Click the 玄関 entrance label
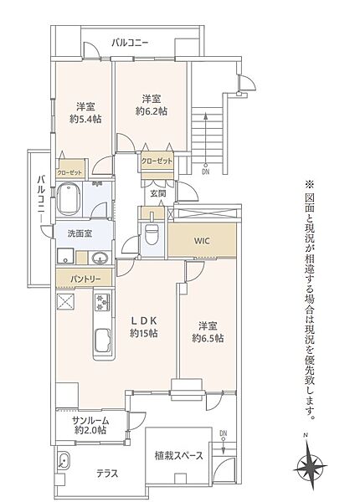(x=157, y=193)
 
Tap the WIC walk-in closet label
(x=202, y=240)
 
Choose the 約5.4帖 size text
(x=85, y=120)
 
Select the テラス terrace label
(x=107, y=473)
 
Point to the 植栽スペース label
(x=178, y=456)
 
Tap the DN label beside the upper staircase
(x=206, y=172)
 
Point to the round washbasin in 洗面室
(x=99, y=257)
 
